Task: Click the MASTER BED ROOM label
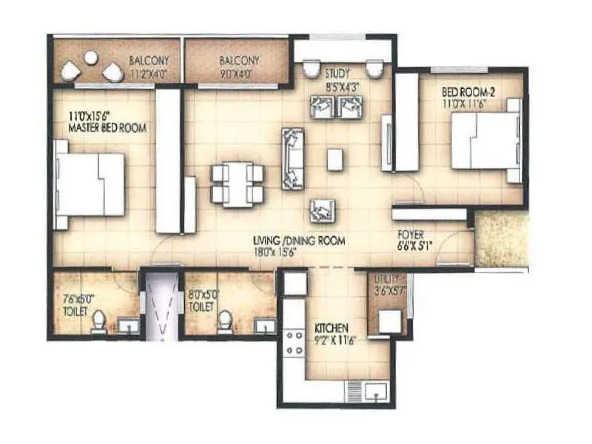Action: pyautogui.click(x=107, y=128)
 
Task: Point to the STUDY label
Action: pyautogui.click(x=337, y=73)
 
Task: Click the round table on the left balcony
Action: pyautogui.click(x=91, y=57)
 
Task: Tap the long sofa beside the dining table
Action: pyautogui.click(x=292, y=158)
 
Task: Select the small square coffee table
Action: pyautogui.click(x=335, y=160)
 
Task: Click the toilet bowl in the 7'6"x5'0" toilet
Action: pyautogui.click(x=98, y=320)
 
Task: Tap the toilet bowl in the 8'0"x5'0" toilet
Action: pyautogui.click(x=224, y=320)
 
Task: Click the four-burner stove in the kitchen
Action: pyautogui.click(x=295, y=341)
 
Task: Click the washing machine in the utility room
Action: pyautogui.click(x=389, y=321)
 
